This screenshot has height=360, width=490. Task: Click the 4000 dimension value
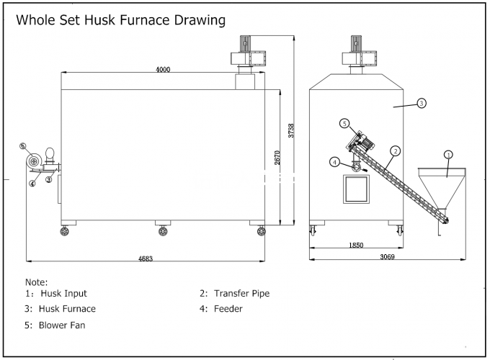pyautogui.click(x=162, y=69)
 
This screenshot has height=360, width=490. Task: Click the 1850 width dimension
pyautogui.click(x=356, y=245)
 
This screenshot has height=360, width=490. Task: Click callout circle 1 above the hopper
pyautogui.click(x=447, y=154)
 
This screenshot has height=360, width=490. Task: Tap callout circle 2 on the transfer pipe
pyautogui.click(x=396, y=150)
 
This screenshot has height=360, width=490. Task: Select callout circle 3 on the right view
pyautogui.click(x=422, y=103)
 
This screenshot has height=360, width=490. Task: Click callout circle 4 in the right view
pyautogui.click(x=335, y=162)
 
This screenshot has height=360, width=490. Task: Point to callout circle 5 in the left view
pyautogui.click(x=23, y=146)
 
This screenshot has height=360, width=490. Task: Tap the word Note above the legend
pyautogui.click(x=36, y=282)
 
